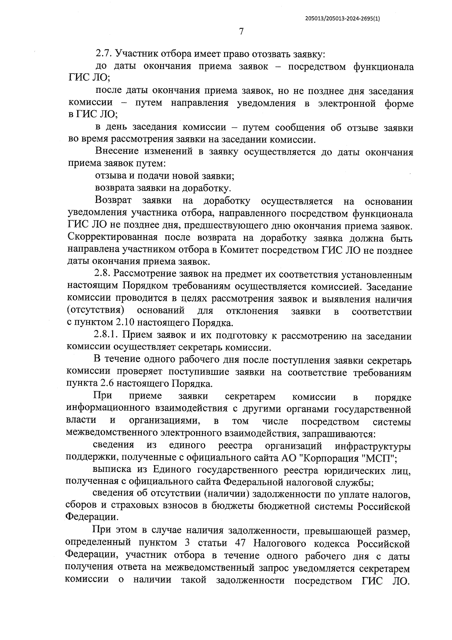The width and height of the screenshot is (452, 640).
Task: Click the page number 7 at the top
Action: [x=241, y=32]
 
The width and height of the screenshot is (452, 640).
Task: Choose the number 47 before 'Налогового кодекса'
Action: [x=241, y=543]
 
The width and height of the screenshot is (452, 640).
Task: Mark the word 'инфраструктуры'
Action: [x=373, y=446]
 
